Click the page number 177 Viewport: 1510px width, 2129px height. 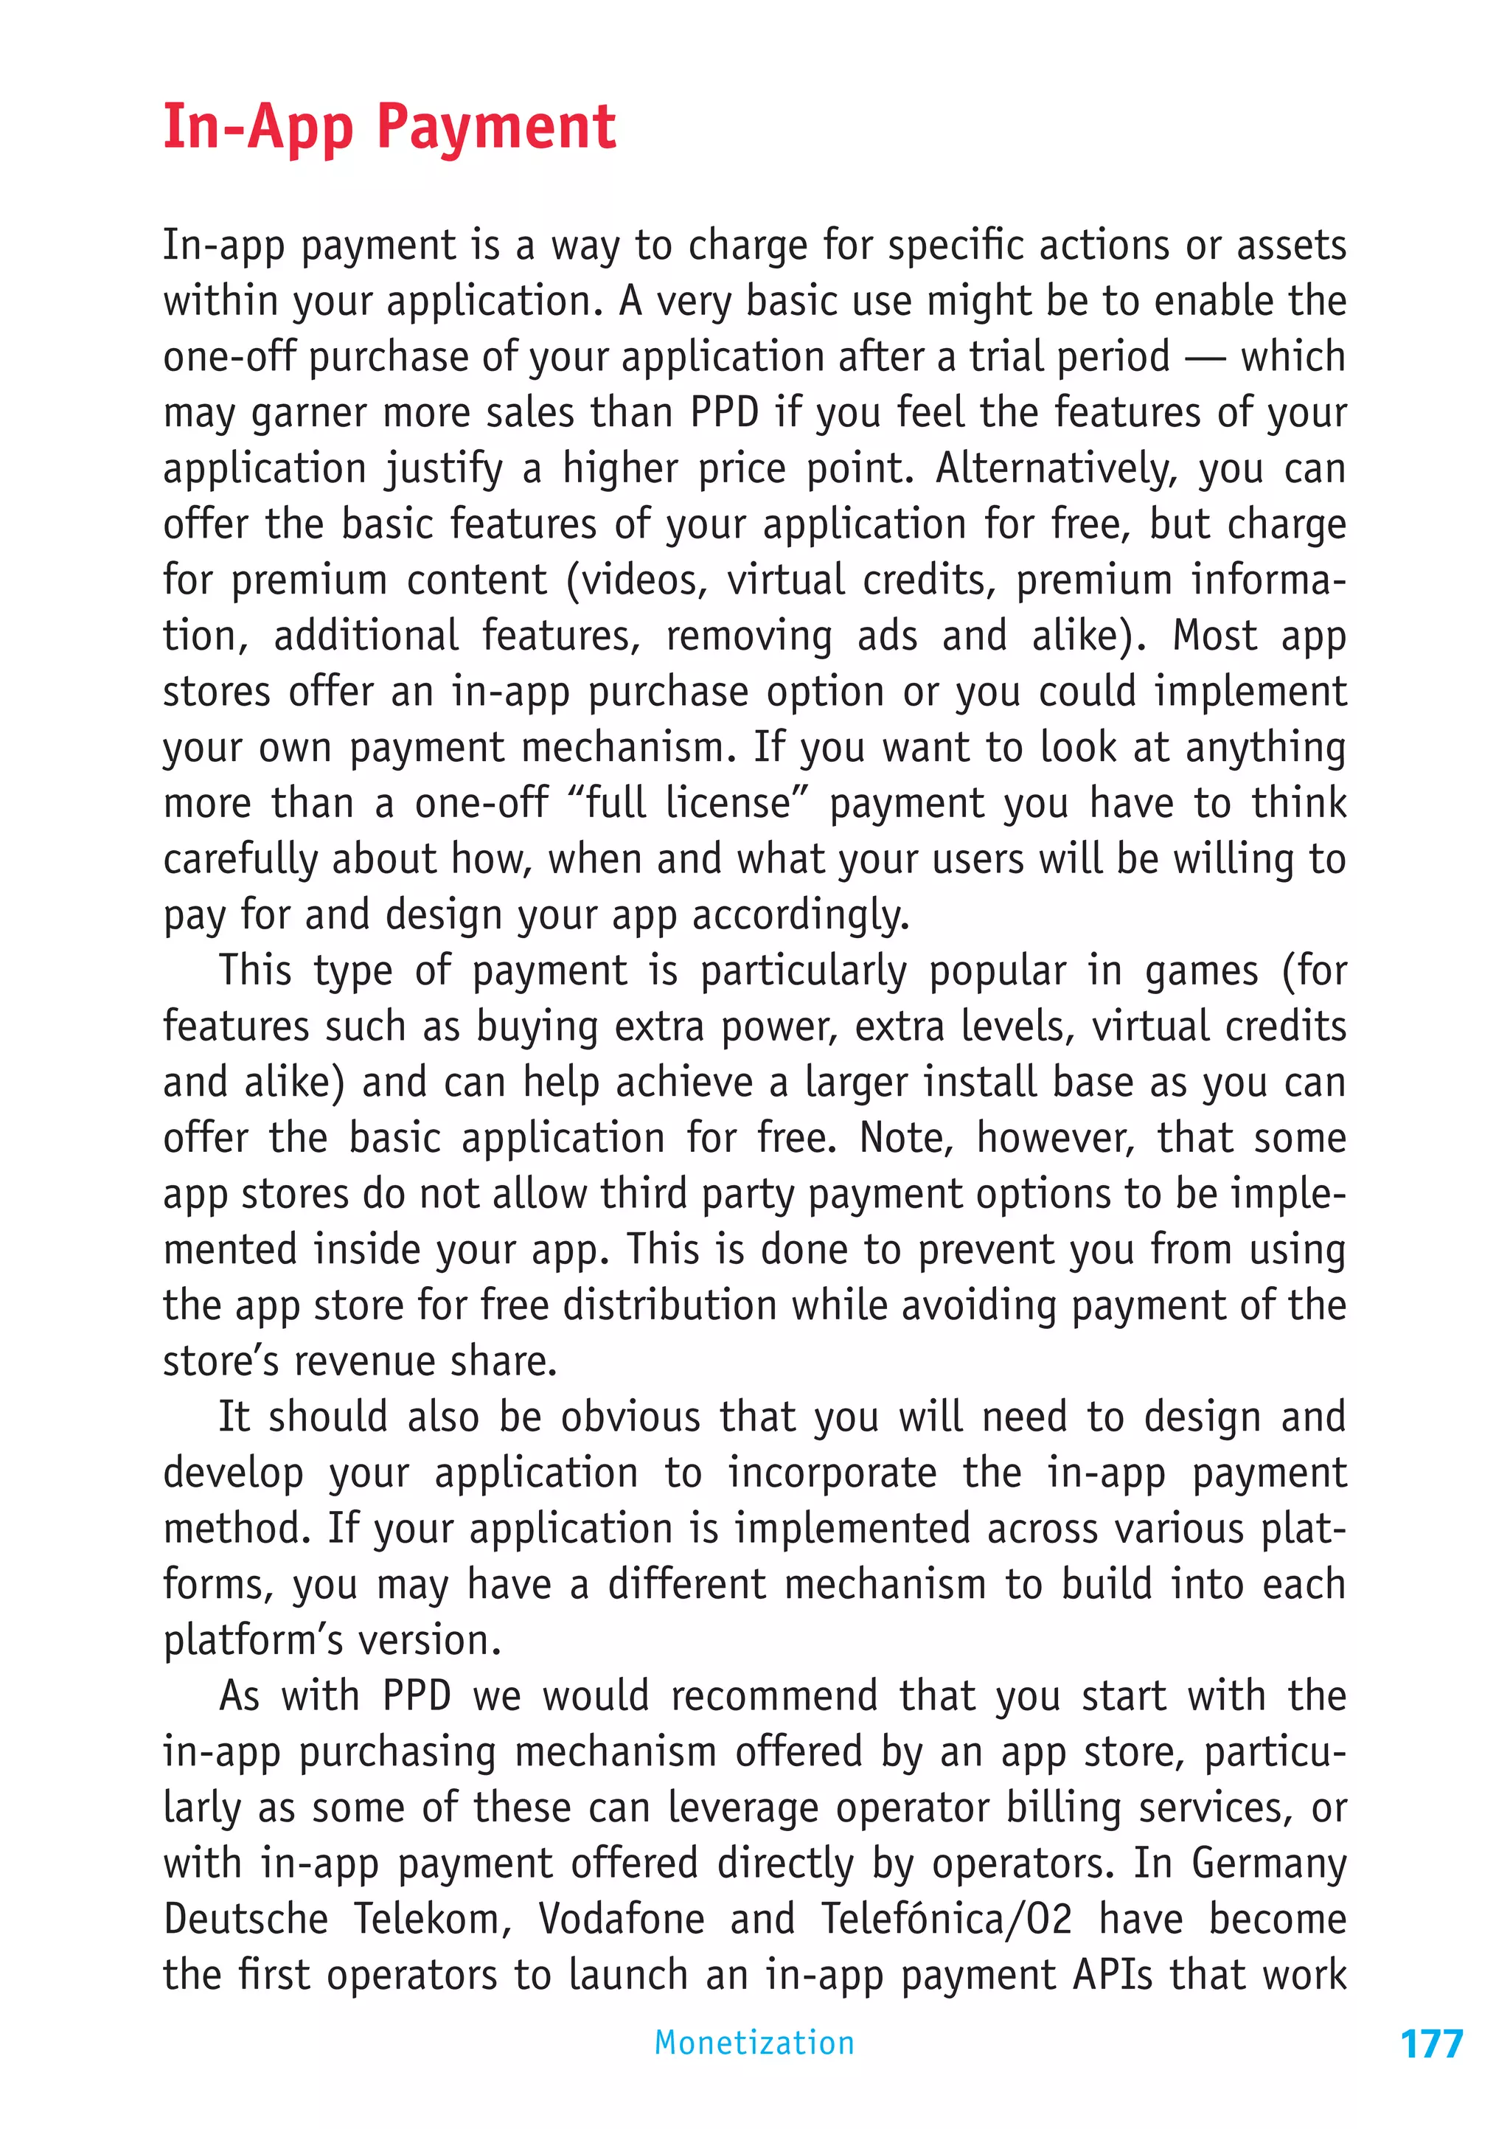coord(1431,2044)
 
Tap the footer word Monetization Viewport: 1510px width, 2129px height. coord(754,2043)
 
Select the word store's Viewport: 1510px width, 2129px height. coord(220,1362)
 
